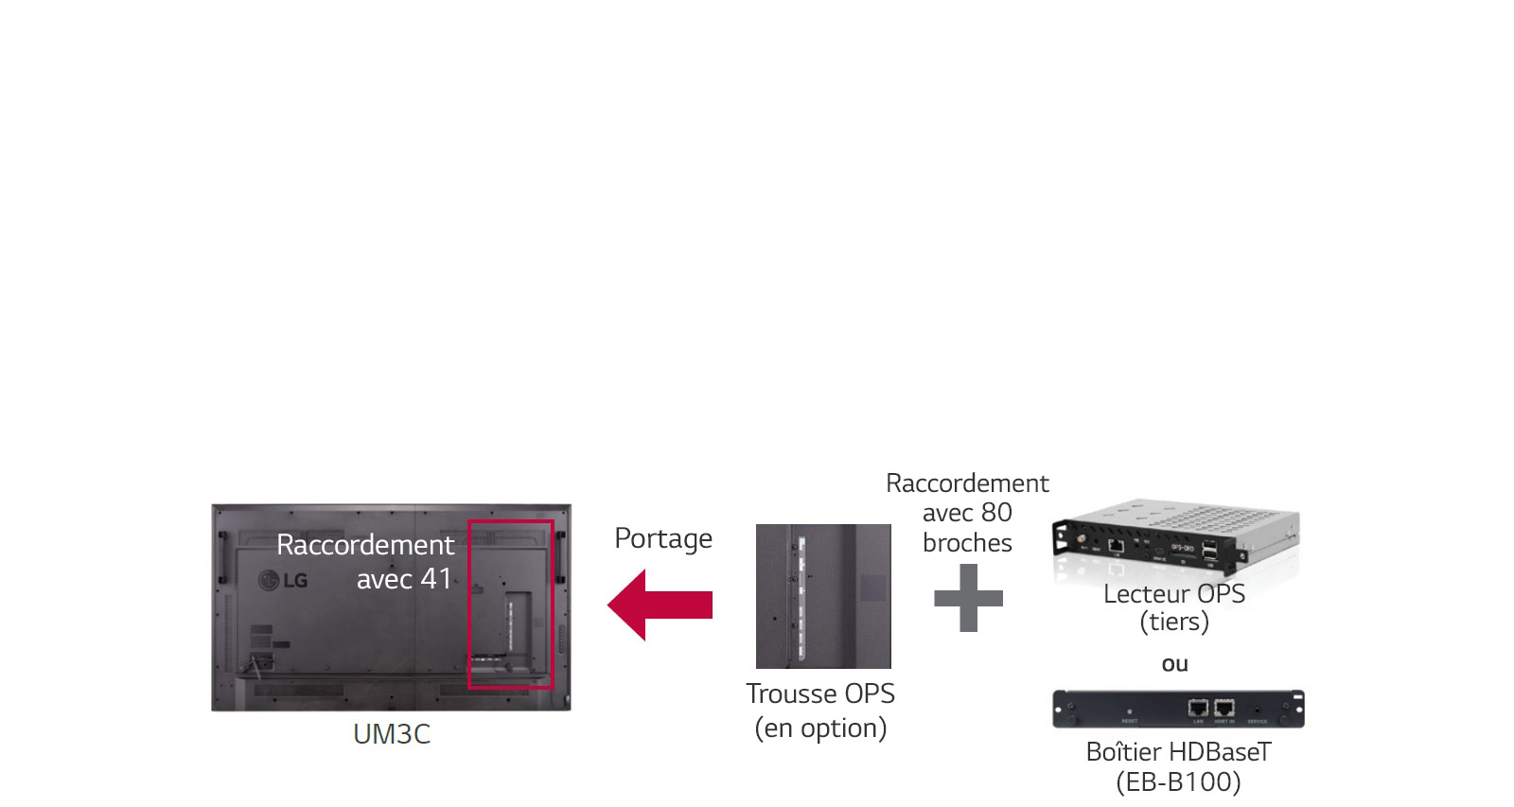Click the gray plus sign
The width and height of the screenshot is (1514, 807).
click(968, 598)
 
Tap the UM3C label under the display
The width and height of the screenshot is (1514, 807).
click(391, 734)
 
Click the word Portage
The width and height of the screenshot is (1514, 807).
click(662, 538)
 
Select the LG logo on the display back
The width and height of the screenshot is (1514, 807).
click(285, 579)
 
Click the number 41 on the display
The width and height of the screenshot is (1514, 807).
click(436, 578)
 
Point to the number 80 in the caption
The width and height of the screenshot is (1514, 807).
click(995, 513)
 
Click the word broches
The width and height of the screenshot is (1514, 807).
click(967, 543)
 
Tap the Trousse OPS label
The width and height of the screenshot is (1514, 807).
click(819, 693)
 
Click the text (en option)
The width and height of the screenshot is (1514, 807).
click(820, 728)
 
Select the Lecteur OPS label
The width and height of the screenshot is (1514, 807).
click(1173, 594)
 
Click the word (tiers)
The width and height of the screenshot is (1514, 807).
click(1173, 622)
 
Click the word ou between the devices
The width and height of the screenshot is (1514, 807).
click(1174, 664)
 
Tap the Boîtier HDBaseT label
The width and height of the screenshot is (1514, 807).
click(1178, 752)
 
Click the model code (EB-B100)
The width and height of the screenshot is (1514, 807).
click(1178, 782)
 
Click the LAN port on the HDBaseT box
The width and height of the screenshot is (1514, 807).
click(1198, 708)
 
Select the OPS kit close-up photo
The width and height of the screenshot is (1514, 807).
click(822, 596)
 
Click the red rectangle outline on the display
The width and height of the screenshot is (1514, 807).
click(553, 605)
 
